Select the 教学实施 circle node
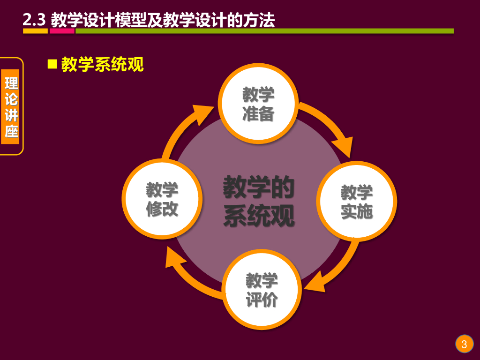coord(357,201)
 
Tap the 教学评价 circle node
coord(262,289)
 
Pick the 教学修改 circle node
coord(162,199)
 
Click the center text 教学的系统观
coord(259,201)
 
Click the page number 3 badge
coord(464,345)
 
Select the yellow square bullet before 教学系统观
coord(52,64)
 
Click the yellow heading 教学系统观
coord(102,65)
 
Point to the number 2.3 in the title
coord(34,20)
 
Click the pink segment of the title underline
coord(62,31)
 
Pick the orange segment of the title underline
coord(36,31)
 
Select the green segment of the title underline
coord(264,31)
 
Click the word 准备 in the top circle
coord(258,114)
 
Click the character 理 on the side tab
coord(12,83)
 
